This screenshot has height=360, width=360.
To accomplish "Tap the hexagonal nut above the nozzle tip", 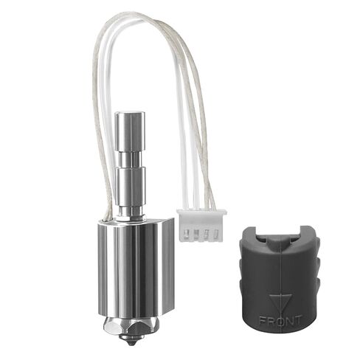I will [131, 325].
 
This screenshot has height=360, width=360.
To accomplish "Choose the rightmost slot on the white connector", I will [215, 236].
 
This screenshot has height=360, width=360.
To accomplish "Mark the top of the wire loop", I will [148, 16].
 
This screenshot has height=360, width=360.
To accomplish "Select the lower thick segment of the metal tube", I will [131, 184].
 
